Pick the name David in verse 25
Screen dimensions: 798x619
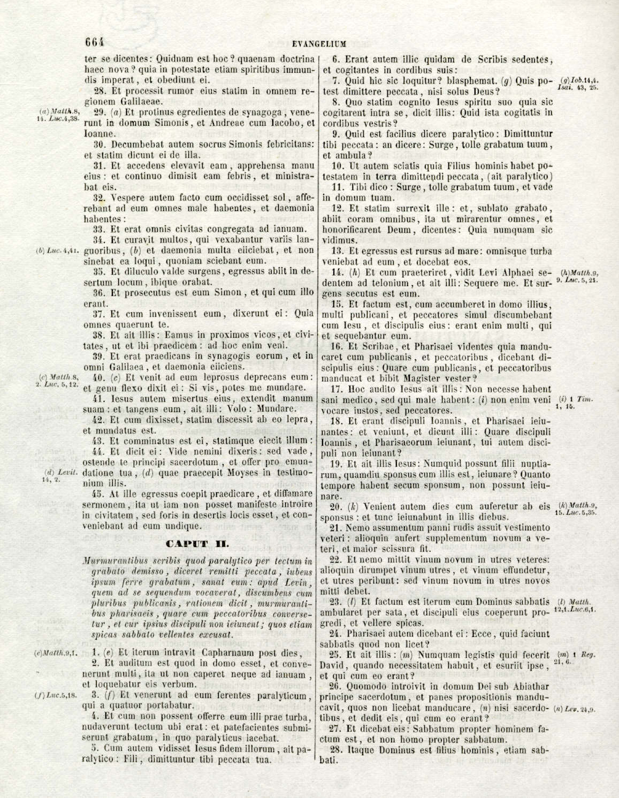click(x=332, y=666)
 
